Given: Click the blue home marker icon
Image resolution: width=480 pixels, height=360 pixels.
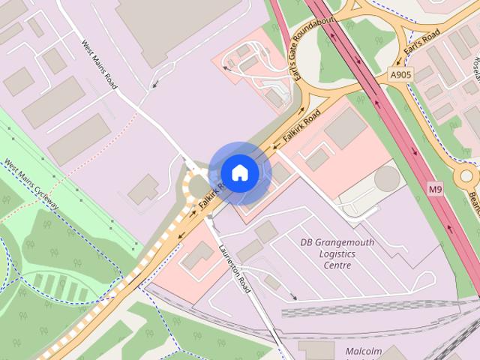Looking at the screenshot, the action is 239,172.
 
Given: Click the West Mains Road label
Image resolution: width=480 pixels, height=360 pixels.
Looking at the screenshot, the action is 99,65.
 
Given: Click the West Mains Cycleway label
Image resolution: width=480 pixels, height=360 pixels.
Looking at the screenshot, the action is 31,184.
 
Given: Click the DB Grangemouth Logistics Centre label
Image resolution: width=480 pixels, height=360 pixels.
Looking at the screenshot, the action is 337,253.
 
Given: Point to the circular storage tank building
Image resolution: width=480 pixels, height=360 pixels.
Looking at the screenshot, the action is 387,178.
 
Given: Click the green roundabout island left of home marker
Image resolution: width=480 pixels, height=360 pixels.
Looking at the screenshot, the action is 199,186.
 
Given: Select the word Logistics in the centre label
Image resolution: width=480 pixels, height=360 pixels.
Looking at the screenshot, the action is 337,253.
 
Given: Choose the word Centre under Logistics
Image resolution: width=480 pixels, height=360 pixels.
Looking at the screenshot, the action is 337,265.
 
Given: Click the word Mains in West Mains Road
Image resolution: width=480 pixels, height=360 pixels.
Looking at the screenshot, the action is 99,65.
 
